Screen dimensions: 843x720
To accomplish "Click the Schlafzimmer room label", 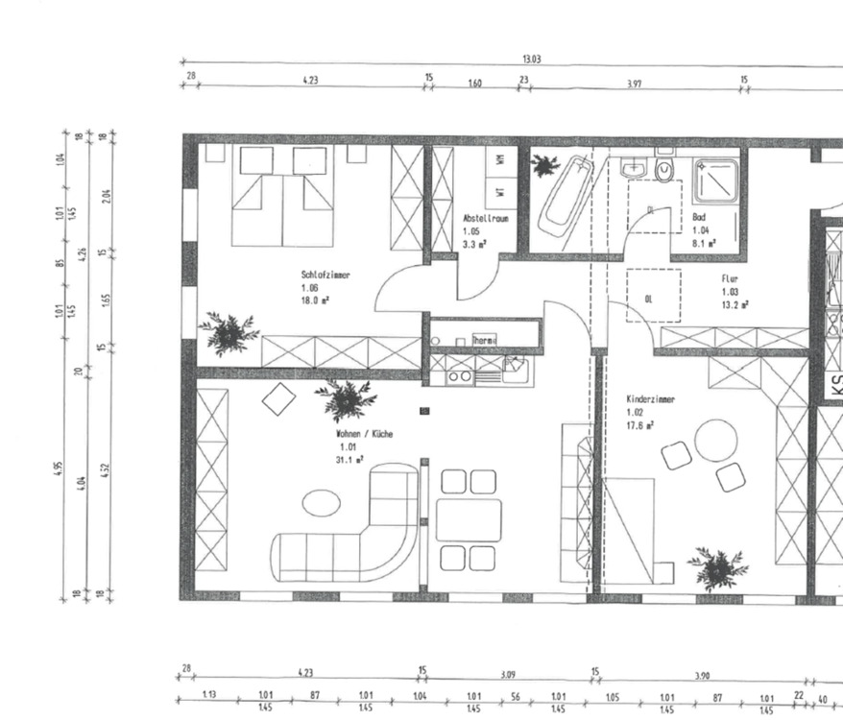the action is [325, 275].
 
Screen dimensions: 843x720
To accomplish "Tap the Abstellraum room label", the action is [485, 219].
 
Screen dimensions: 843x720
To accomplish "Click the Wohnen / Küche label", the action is [363, 434].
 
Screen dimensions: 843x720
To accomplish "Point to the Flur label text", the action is [729, 279].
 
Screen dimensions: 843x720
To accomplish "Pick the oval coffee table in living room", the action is [321, 502].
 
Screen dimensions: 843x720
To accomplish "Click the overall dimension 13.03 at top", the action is [531, 59].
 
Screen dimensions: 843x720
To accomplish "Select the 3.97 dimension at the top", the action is [634, 84].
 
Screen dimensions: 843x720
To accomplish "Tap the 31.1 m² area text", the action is [349, 460].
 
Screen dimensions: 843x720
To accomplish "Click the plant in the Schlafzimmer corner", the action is [229, 333].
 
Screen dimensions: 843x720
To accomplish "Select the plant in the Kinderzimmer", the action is [716, 568].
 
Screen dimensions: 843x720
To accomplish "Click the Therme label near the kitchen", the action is [484, 340].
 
